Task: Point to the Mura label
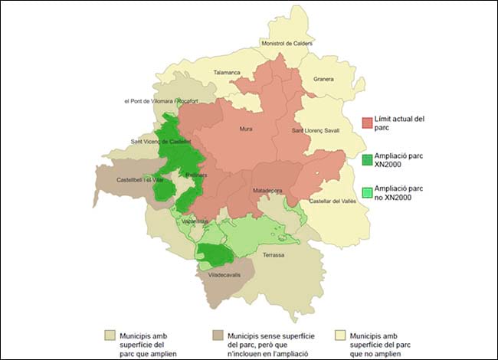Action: point(246,129)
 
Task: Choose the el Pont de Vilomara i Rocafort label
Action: point(161,101)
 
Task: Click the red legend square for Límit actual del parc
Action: point(368,123)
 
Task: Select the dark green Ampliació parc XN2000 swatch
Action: point(368,159)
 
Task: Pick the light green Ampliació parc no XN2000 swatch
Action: point(368,192)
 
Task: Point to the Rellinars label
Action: point(198,175)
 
